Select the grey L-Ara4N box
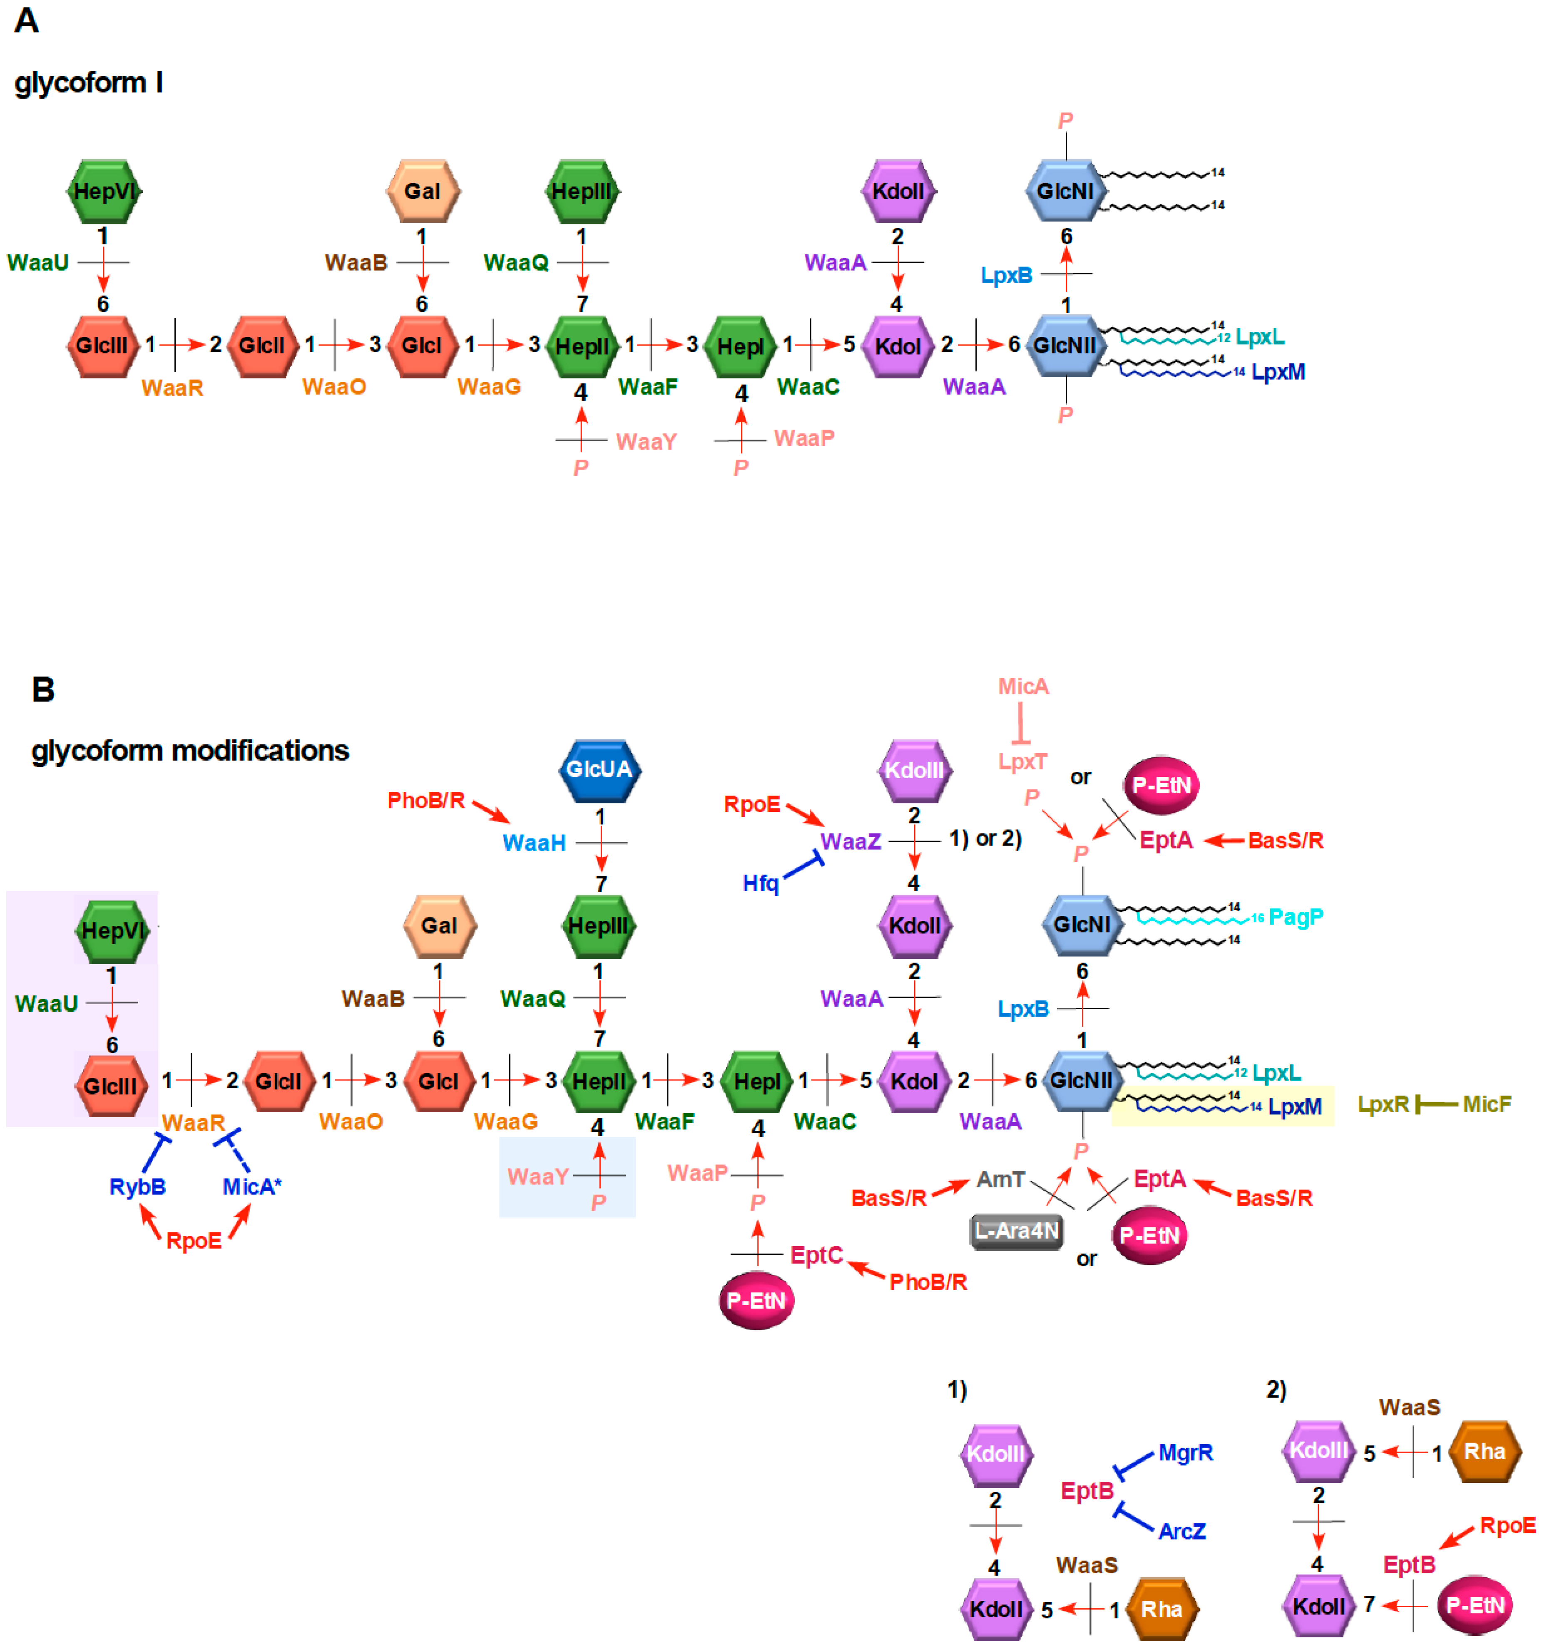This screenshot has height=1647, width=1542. pyautogui.click(x=1017, y=1231)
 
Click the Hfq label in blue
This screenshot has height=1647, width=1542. pyautogui.click(x=761, y=884)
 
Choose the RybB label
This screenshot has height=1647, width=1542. pyautogui.click(x=137, y=1187)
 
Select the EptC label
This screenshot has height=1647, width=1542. pyautogui.click(x=816, y=1256)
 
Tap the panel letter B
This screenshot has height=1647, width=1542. pyautogui.click(x=43, y=689)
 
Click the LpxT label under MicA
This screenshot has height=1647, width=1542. pyautogui.click(x=1022, y=761)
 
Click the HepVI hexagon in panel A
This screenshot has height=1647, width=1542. pyautogui.click(x=104, y=192)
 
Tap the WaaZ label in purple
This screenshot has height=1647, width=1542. pyautogui.click(x=850, y=842)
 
